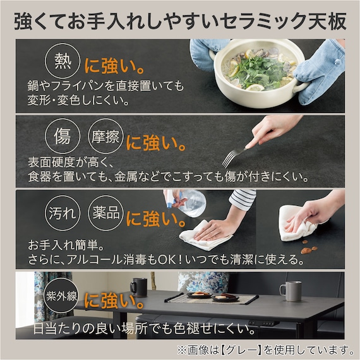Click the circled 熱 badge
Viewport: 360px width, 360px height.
pos(62,62)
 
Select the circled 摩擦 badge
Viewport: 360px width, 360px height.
pos(105,136)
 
